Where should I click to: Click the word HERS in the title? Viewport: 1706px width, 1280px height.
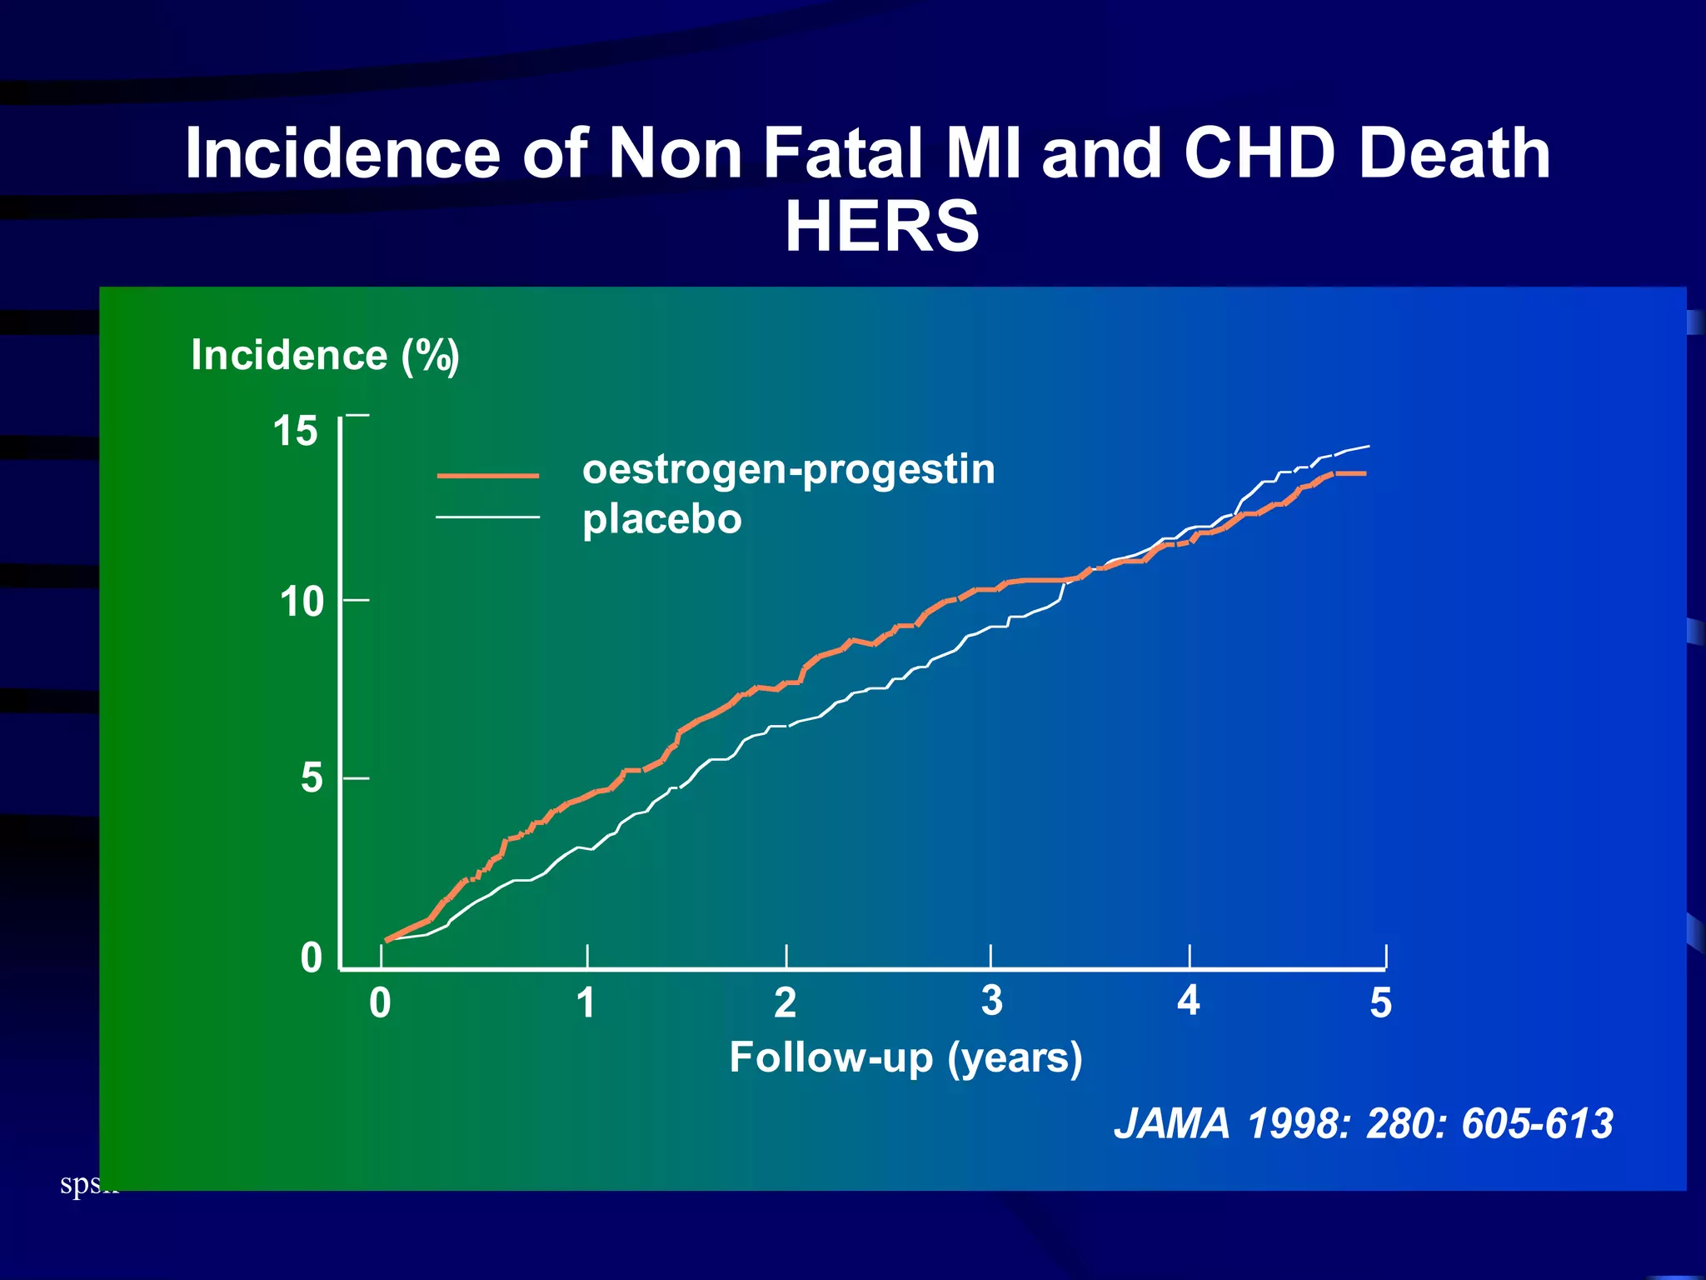[x=882, y=227]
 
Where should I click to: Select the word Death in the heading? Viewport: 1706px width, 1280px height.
[x=1454, y=153]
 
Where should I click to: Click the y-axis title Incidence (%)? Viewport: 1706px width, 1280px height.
[x=325, y=356]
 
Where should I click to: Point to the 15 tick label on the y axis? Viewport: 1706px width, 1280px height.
[x=296, y=432]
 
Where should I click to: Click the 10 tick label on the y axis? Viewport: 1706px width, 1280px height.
[x=302, y=602]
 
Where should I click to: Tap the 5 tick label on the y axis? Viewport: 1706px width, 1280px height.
[x=312, y=778]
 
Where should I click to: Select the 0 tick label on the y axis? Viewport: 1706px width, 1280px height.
[x=312, y=958]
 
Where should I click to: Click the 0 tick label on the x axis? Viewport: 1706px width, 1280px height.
[x=380, y=1003]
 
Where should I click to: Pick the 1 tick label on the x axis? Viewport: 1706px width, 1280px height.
[x=586, y=1003]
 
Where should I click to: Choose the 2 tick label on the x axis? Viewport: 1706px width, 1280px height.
[x=785, y=1003]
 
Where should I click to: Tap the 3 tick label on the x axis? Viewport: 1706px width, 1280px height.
[x=991, y=1001]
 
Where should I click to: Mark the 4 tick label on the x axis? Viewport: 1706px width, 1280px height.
[x=1189, y=1001]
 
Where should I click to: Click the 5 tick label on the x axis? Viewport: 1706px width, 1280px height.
[x=1381, y=1003]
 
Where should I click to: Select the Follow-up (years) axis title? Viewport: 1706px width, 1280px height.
[x=905, y=1058]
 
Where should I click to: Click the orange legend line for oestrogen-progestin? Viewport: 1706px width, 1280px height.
[x=488, y=476]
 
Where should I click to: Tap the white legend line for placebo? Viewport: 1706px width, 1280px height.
[x=488, y=517]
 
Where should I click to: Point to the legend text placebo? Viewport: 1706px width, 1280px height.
[x=662, y=520]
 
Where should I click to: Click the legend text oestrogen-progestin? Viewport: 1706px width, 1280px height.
[x=788, y=470]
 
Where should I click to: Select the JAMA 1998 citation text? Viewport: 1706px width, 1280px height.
[x=1364, y=1123]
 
